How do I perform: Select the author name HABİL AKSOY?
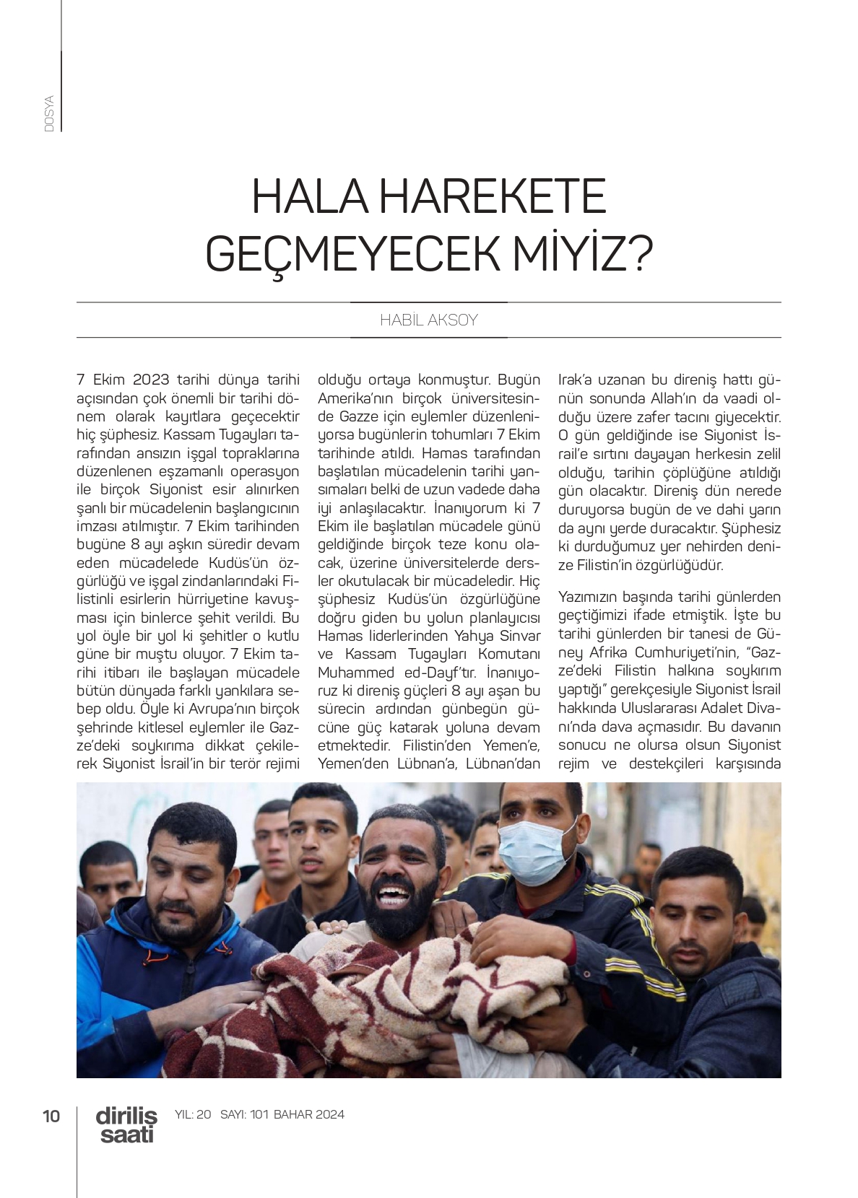point(429,320)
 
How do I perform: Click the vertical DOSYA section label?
point(49,113)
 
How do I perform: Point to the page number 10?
point(51,1116)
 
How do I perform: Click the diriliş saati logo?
point(126,1124)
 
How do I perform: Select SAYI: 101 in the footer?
point(244,1114)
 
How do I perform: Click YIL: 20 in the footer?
point(193,1114)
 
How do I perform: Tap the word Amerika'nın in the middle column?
point(356,398)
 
